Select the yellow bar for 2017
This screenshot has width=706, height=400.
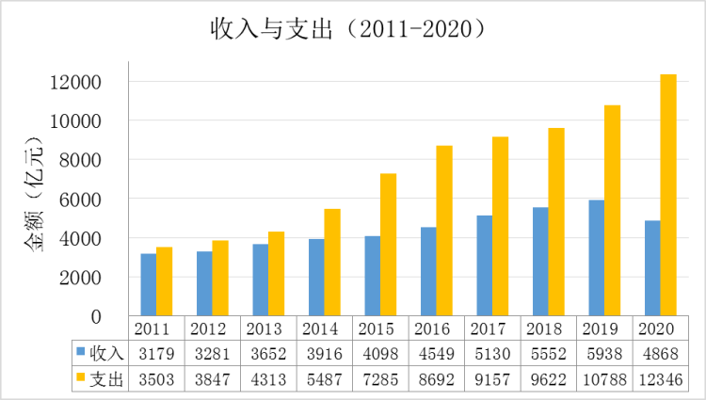500,226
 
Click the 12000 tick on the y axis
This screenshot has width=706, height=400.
74,82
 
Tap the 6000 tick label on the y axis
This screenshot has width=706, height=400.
79,200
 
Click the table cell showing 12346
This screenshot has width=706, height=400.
659,378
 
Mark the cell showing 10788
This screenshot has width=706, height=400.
603,378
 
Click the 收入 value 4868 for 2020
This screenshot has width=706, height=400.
659,353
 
